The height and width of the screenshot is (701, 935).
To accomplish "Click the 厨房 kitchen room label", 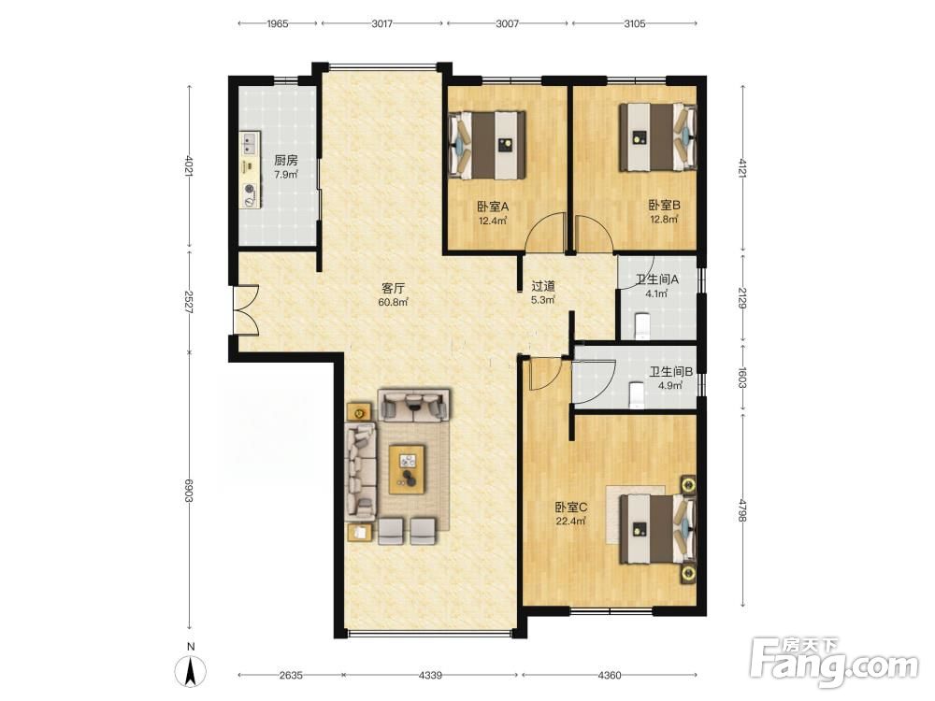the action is [x=285, y=161].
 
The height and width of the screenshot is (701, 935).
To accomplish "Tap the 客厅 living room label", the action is [x=393, y=289].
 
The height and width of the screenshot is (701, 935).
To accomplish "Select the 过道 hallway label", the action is [x=543, y=286].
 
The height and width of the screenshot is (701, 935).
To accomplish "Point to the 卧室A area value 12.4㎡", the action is [x=493, y=222].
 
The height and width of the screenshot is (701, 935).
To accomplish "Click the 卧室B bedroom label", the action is [x=664, y=206].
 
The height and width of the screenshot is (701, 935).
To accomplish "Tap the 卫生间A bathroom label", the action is [x=657, y=279].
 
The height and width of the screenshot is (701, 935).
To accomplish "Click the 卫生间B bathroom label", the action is [x=670, y=372].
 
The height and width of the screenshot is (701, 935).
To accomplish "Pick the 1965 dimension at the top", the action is [x=278, y=24].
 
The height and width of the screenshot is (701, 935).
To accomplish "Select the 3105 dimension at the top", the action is [x=635, y=24].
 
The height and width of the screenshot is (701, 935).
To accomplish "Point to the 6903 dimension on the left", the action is [x=189, y=491].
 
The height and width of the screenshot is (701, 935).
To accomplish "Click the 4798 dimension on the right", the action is [x=742, y=511].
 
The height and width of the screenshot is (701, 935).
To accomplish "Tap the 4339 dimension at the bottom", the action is [x=430, y=676].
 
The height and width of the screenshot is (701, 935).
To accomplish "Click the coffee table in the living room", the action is [x=408, y=469].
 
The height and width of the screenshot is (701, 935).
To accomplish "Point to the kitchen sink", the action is [x=250, y=144].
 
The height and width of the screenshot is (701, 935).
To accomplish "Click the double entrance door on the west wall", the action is [x=244, y=309].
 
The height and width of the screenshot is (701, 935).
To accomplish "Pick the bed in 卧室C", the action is [x=657, y=529].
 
